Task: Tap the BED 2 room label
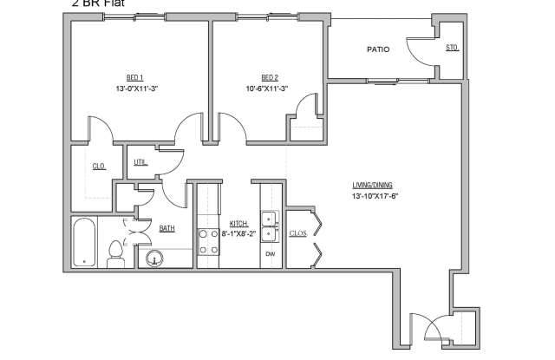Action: point(269,75)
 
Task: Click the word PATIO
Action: point(377,49)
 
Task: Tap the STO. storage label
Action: point(451,47)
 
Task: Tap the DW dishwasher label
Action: point(269,252)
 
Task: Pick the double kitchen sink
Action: point(269,226)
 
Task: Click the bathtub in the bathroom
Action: point(83,243)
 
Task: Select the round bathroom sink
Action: point(155,259)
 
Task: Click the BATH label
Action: point(166,229)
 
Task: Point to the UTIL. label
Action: point(140,161)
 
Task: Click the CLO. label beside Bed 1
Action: point(100,167)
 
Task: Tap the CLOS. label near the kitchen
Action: point(297,232)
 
